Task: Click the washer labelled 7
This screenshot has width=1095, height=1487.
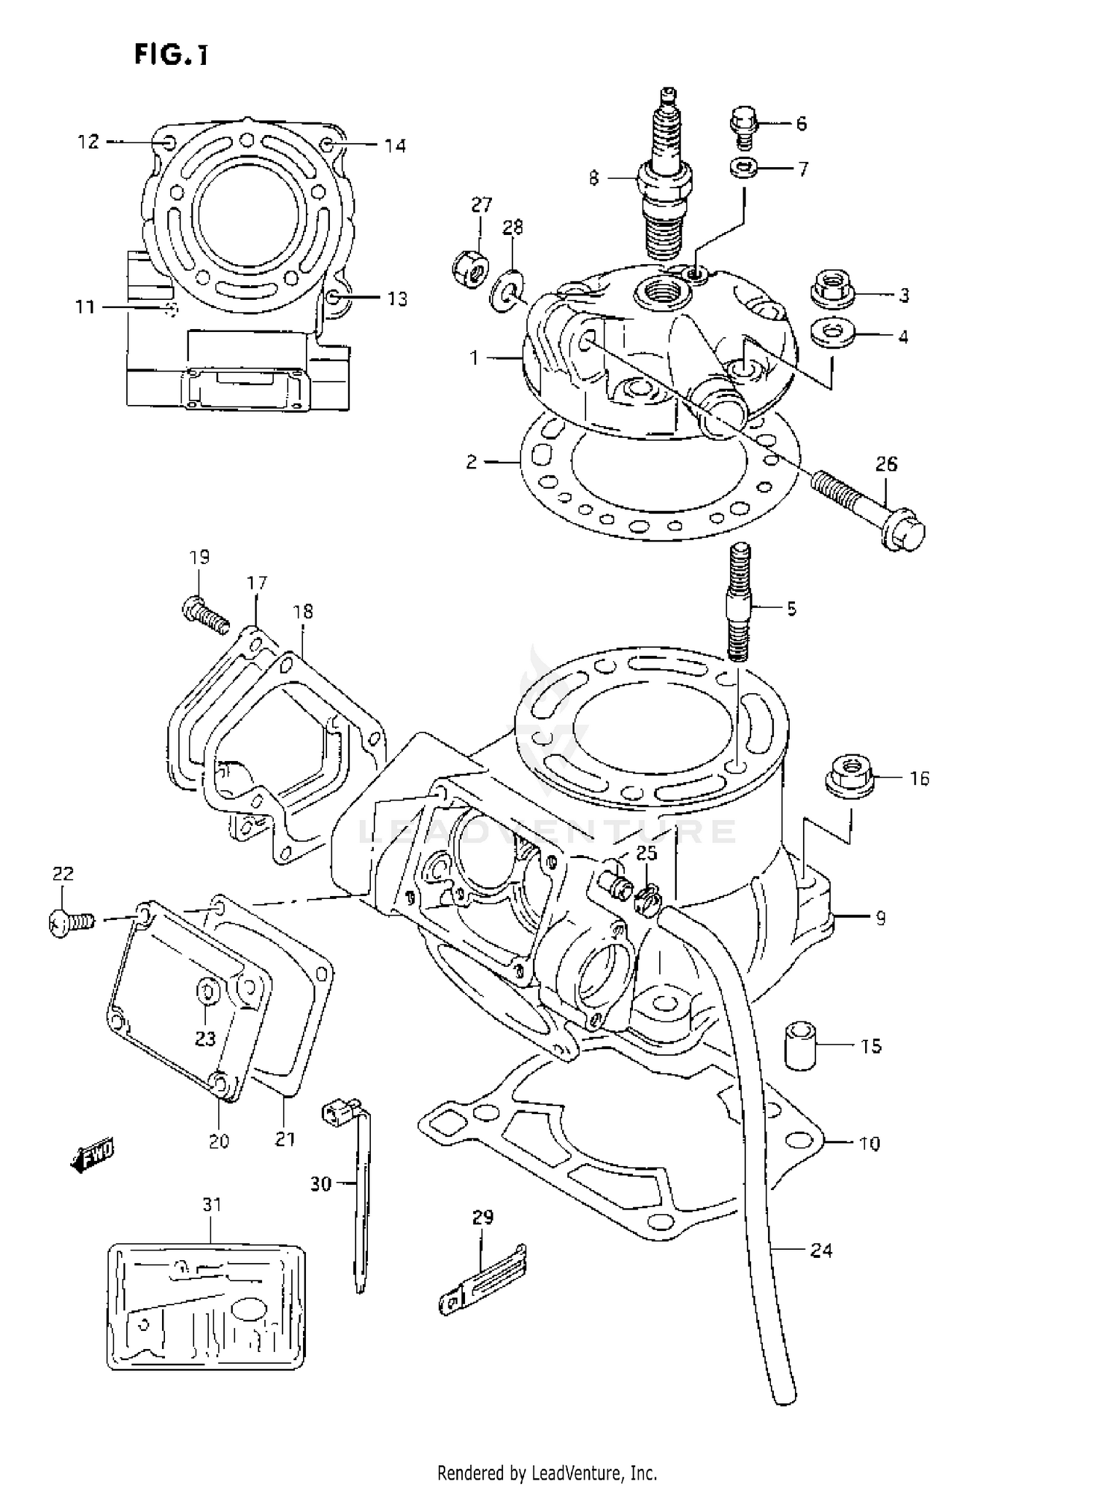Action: coord(742,169)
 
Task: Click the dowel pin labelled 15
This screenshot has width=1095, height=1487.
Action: coord(801,1046)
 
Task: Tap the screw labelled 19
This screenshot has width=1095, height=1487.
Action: coord(204,614)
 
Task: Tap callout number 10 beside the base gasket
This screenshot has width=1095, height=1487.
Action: coord(869,1143)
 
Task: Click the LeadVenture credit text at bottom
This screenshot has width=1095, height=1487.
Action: coord(547,1472)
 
